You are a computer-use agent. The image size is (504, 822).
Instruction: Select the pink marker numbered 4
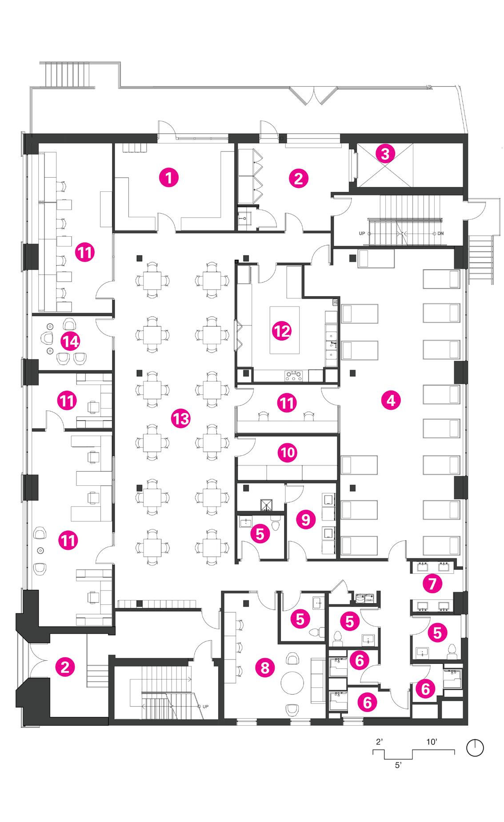click(391, 401)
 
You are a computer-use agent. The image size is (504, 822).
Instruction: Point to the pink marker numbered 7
click(432, 584)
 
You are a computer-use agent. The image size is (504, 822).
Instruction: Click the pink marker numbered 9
click(305, 519)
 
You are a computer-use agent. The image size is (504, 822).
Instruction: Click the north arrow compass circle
click(475, 748)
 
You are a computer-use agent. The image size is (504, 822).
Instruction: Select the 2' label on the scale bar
click(379, 743)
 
